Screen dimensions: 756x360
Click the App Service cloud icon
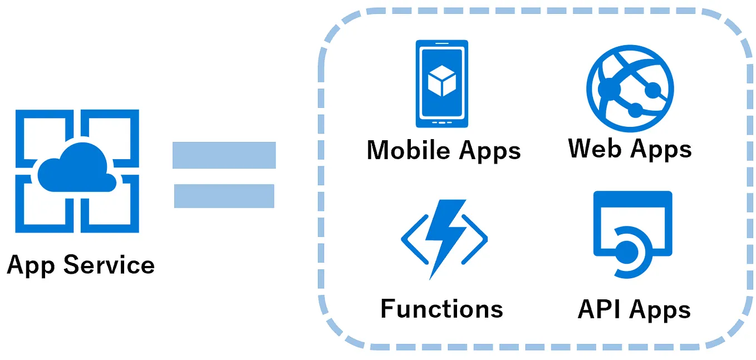[77, 171]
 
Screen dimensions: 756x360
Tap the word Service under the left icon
[109, 265]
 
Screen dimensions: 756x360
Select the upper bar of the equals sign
[224, 155]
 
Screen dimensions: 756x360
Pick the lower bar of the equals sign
[224, 196]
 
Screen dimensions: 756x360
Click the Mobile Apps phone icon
[442, 83]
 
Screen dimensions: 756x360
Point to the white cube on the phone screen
[442, 81]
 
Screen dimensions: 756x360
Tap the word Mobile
[409, 150]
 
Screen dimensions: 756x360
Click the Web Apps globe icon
[630, 88]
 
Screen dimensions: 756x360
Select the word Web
[595, 148]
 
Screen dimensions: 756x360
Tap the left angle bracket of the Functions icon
[415, 239]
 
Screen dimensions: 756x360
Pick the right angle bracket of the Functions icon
[474, 239]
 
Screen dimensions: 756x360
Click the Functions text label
[442, 309]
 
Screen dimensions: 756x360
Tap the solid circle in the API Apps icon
[627, 253]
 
